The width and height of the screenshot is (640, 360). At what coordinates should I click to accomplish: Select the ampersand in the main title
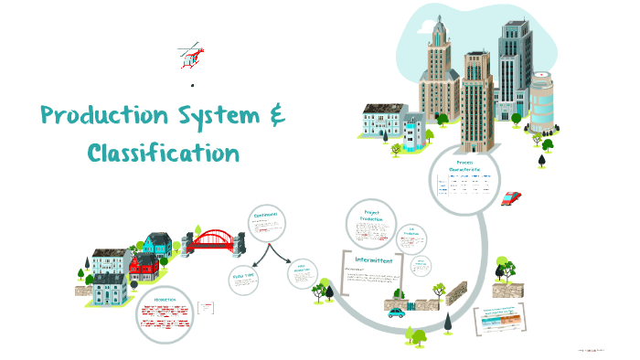point(276,117)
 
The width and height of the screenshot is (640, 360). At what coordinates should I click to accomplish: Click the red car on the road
point(512,197)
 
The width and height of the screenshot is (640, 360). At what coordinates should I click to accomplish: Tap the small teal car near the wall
point(395,312)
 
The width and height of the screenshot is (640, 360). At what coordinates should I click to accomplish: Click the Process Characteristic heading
point(465,166)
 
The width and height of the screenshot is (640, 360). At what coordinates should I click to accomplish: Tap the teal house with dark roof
point(156,243)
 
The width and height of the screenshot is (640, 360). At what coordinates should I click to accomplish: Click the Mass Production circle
point(303,271)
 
